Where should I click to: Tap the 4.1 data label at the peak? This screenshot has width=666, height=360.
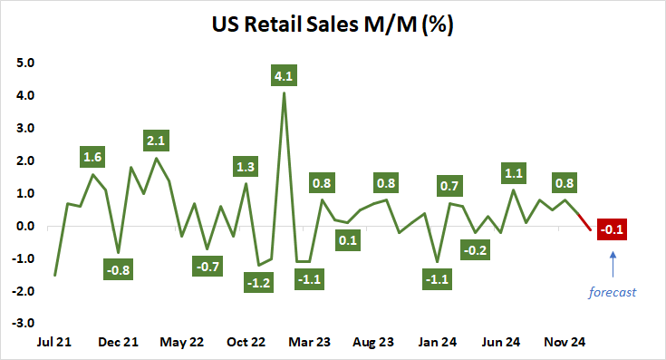[285, 76]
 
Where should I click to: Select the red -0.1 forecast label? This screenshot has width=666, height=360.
[613, 228]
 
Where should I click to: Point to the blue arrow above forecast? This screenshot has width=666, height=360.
[613, 264]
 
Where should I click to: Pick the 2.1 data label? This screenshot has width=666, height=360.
[157, 141]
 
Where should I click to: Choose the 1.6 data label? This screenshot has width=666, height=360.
[92, 157]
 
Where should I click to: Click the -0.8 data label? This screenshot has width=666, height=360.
[118, 268]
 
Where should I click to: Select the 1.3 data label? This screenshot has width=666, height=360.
[245, 166]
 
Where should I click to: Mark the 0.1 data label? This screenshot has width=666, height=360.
[347, 241]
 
